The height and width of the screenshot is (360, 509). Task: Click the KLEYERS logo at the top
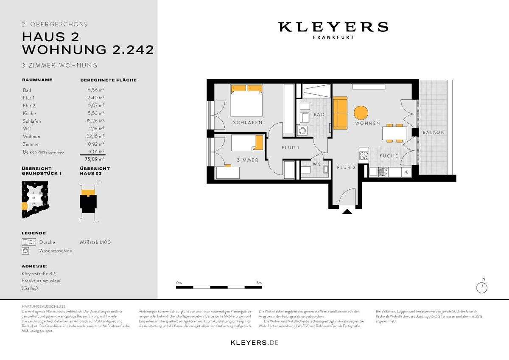click(333, 28)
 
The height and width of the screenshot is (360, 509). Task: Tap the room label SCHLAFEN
click(247, 123)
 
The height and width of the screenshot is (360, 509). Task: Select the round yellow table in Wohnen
click(361, 113)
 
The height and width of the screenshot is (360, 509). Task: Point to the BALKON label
click(433, 132)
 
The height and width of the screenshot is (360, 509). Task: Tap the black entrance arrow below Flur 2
click(347, 211)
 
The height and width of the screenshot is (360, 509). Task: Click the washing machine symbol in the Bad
click(303, 130)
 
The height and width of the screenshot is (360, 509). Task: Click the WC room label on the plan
click(316, 164)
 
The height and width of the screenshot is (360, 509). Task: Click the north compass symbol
click(482, 287)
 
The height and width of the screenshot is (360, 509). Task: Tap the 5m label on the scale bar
click(259, 283)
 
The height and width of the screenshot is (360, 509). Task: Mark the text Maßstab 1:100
click(95, 242)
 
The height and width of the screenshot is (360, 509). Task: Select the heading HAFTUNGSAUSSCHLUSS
click(43, 306)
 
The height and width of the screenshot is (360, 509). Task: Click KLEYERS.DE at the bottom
click(255, 342)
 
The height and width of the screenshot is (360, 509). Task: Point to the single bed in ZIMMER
click(247, 143)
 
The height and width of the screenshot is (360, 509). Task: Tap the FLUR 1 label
click(291, 148)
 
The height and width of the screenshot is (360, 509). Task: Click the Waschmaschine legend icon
click(26, 251)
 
